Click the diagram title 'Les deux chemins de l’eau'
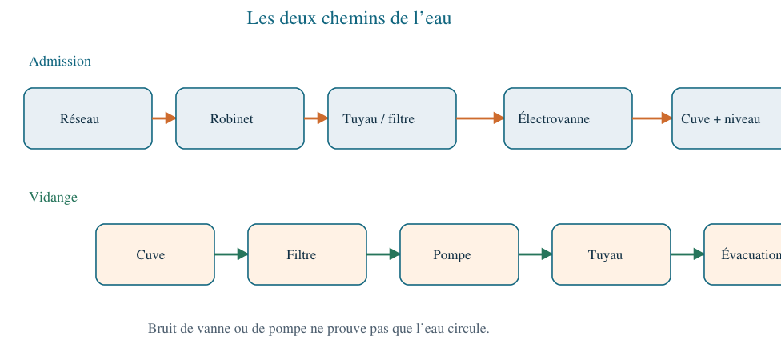pos(349,18)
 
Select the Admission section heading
pos(60,62)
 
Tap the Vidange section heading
pos(54,198)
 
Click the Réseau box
pos(88,118)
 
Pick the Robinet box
pos(240,118)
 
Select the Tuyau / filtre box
pos(392,118)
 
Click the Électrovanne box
pos(568,118)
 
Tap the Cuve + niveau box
pos(727,118)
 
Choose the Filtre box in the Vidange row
pos(307,254)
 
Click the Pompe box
pos(459,254)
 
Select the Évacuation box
pos(743,254)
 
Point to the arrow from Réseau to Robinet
pos(164,118)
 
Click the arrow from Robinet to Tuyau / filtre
pos(316,118)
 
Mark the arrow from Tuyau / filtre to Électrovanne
pos(479,118)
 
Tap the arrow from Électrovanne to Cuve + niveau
pos(652,118)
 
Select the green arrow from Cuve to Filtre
pos(231,254)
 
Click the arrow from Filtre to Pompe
pos(383,254)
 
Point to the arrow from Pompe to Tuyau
pos(535,254)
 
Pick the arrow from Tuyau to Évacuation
pos(687,254)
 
